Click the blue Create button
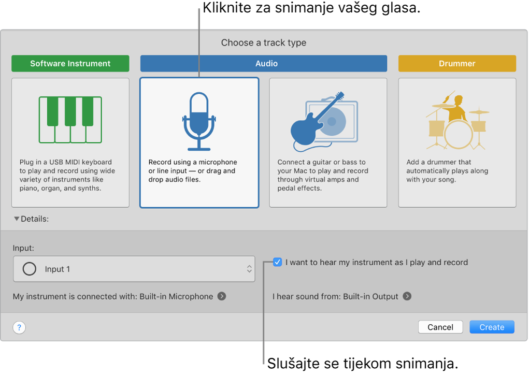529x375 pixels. coord(492,327)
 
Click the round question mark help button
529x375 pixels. coord(19,327)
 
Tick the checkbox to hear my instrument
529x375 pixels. coord(278,262)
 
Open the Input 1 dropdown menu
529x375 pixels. coord(134,269)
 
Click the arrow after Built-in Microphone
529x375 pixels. coord(222,296)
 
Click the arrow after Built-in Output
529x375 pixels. coord(407,296)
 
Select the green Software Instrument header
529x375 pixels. coord(70,64)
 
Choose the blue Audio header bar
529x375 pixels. coord(264,64)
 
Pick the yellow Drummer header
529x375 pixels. coord(457,64)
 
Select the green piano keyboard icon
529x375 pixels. coord(70,119)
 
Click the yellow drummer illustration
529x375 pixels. coord(457,120)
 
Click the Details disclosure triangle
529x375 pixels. coord(17,219)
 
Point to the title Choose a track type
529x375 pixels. coord(264,42)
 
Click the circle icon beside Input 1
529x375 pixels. coord(30,269)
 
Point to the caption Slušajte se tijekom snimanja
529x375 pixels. coord(363,363)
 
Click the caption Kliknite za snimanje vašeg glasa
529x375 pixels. coord(311,8)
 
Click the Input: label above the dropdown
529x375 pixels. coord(23,248)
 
